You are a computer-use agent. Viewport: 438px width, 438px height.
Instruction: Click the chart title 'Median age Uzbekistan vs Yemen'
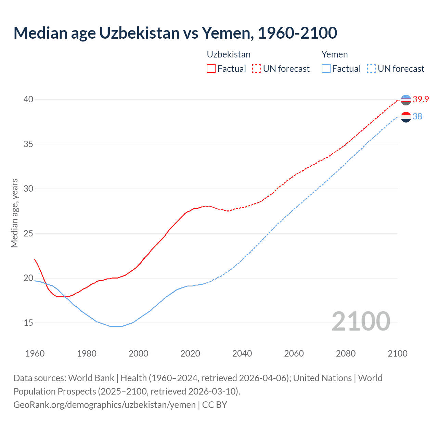175,33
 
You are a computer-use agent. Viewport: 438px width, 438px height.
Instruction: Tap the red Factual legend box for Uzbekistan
211,69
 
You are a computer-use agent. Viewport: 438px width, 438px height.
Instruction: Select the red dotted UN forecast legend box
257,69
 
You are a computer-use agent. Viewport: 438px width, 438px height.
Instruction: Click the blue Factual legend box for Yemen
326,69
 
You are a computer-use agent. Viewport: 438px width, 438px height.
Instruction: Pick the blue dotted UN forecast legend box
372,69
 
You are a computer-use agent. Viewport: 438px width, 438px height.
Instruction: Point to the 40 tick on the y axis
28,99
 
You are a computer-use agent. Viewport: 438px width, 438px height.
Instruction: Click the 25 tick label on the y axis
28,233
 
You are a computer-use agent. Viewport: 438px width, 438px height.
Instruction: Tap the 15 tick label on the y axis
28,323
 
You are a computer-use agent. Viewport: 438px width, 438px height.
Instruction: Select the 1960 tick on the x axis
35,353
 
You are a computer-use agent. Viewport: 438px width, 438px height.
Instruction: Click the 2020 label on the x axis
190,353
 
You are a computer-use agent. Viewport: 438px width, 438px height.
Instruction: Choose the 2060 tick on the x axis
294,353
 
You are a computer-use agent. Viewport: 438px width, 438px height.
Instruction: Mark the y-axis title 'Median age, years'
14,213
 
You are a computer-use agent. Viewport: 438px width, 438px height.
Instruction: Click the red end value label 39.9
421,99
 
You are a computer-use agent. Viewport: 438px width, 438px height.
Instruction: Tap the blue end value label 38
417,116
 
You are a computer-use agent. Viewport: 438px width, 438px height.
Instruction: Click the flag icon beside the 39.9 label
406,100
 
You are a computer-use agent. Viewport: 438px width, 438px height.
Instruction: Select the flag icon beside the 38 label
406,117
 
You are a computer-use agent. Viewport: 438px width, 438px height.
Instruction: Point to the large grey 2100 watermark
361,321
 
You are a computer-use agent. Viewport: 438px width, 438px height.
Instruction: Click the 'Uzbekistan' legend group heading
229,54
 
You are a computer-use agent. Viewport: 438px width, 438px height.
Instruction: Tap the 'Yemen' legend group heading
335,54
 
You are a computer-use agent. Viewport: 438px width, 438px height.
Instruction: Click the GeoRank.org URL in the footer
104,404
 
